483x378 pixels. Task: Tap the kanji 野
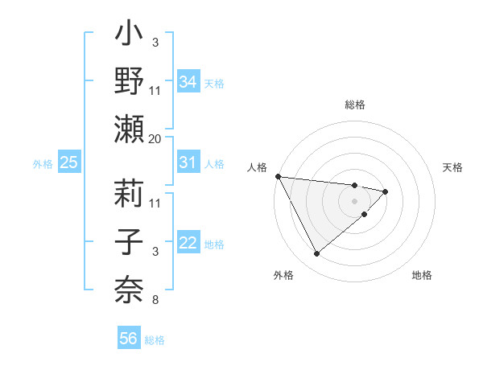pyautogui.click(x=130, y=81)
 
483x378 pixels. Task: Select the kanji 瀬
pyautogui.click(x=130, y=129)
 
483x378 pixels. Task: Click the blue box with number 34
pyautogui.click(x=188, y=81)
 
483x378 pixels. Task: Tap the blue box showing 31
pyautogui.click(x=188, y=162)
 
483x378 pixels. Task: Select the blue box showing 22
pyautogui.click(x=188, y=244)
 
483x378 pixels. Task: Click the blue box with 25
pyautogui.click(x=68, y=162)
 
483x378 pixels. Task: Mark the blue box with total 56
pyautogui.click(x=129, y=339)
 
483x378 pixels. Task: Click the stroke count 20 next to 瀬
pyautogui.click(x=155, y=138)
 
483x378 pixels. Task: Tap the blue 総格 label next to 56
pyautogui.click(x=155, y=340)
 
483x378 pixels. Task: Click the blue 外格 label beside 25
pyautogui.click(x=43, y=164)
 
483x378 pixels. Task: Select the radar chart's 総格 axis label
pyautogui.click(x=355, y=105)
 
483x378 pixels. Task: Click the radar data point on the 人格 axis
pyautogui.click(x=278, y=176)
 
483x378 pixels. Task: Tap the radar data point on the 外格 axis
pyautogui.click(x=316, y=254)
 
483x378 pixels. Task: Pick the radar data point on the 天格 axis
pyautogui.click(x=386, y=191)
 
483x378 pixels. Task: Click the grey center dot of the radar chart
pyautogui.click(x=355, y=200)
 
